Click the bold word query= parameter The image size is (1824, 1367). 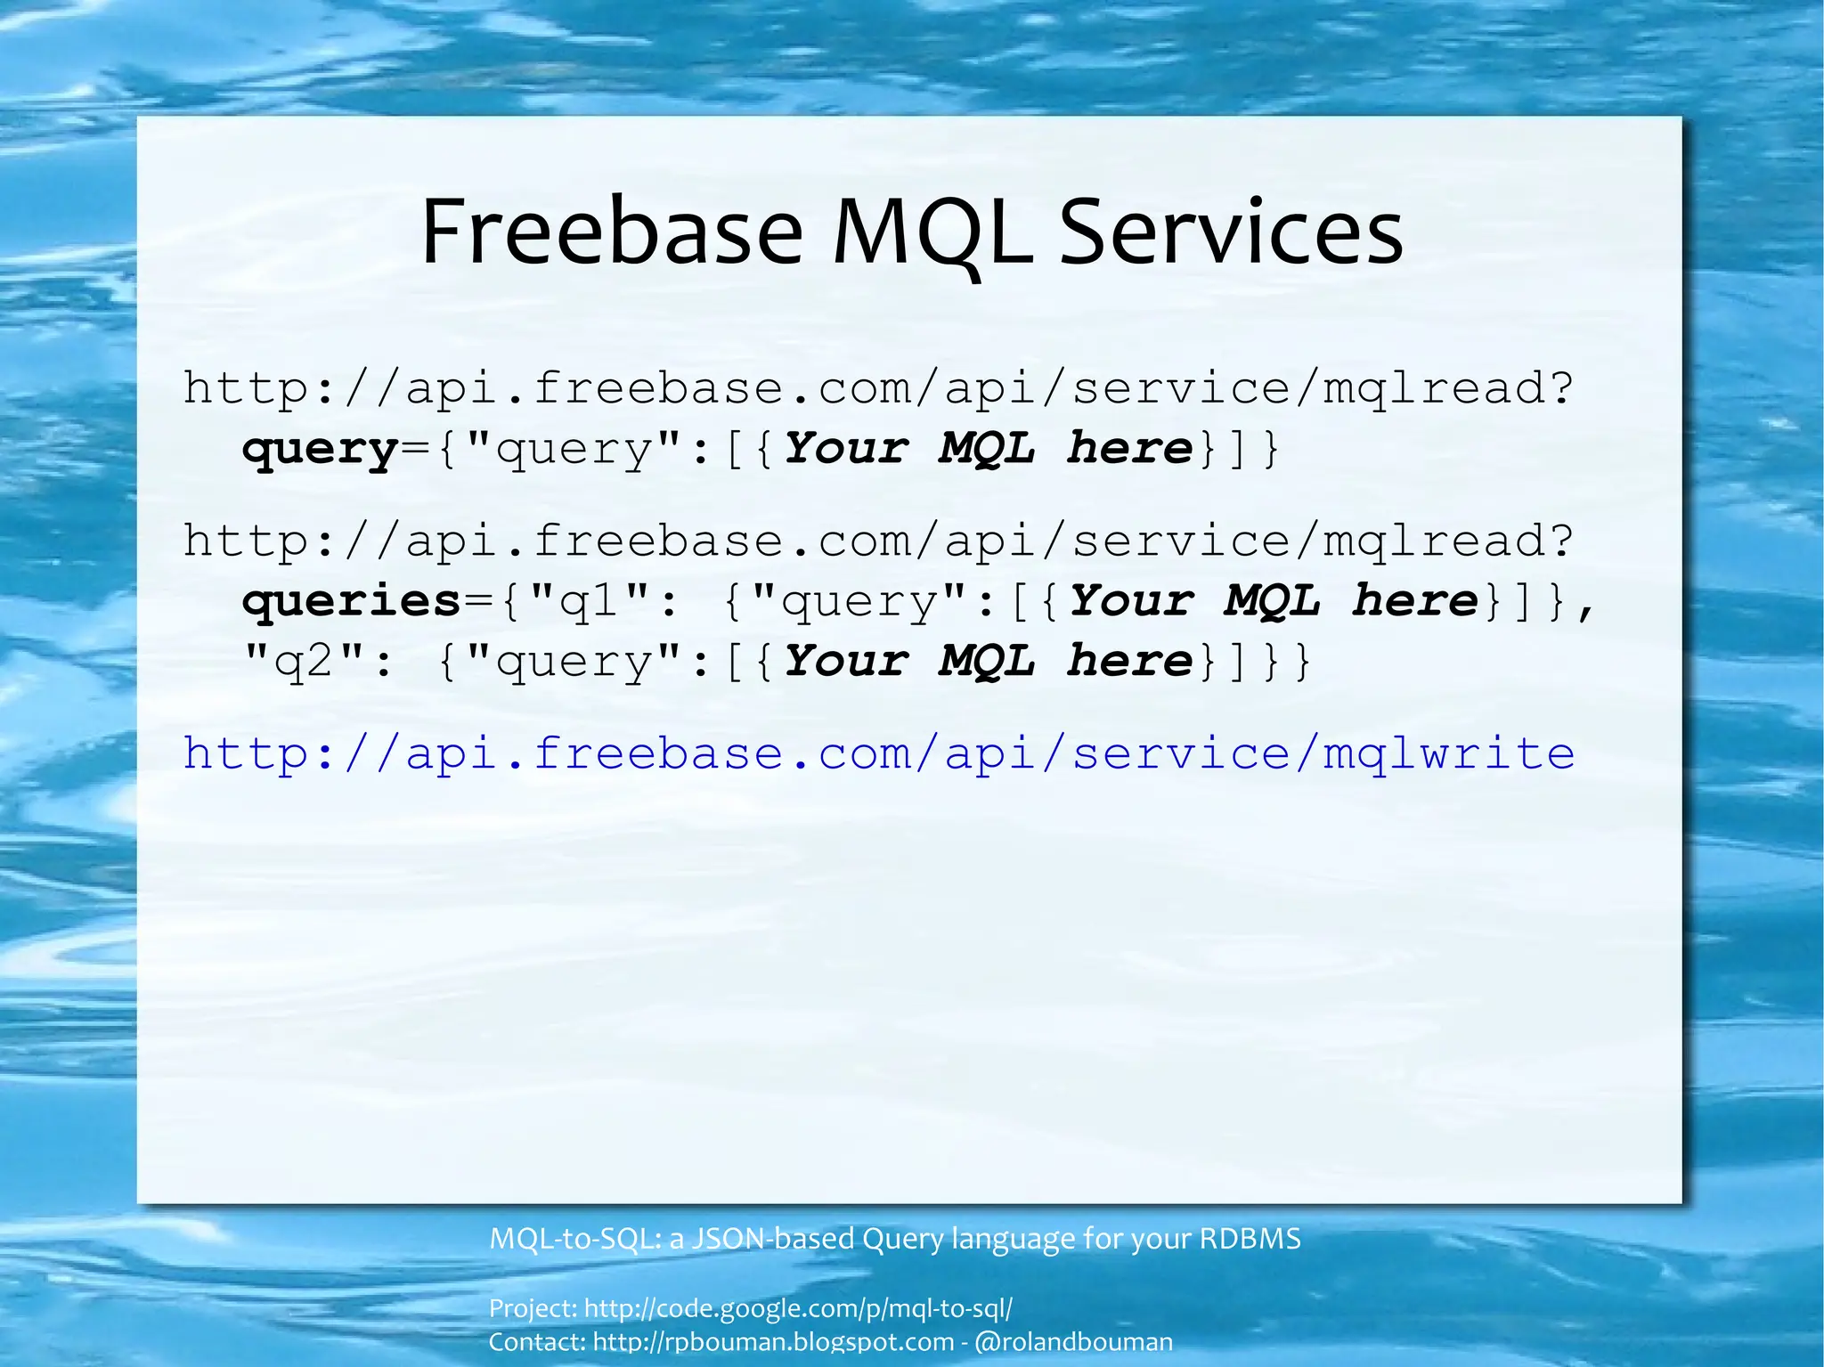pos(320,449)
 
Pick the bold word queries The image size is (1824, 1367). pos(351,601)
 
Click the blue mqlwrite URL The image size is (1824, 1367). pos(878,753)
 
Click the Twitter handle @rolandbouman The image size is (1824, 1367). pos(1073,1341)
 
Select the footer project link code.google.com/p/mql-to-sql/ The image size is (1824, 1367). pos(798,1308)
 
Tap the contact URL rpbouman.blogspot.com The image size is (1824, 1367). pos(773,1341)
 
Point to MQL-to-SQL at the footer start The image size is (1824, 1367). pos(574,1239)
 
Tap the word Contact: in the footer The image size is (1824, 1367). pos(537,1341)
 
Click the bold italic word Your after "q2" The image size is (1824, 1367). pos(846,662)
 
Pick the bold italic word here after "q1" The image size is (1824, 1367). pos(1414,601)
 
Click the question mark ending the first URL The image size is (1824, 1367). pos(1560,388)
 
